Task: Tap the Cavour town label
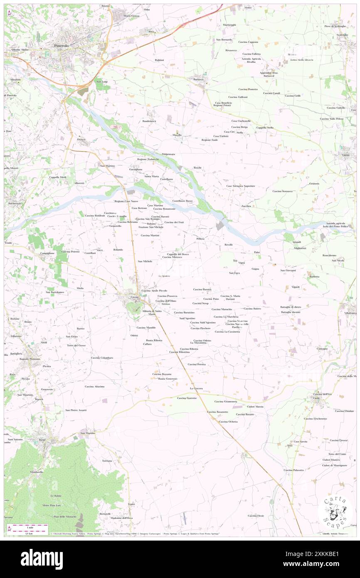click(x=134, y=297)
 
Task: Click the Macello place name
click(x=178, y=135)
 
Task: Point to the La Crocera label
click(x=196, y=388)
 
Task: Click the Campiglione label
click(x=47, y=253)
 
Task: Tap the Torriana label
click(x=107, y=461)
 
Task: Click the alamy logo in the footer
click(x=42, y=559)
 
